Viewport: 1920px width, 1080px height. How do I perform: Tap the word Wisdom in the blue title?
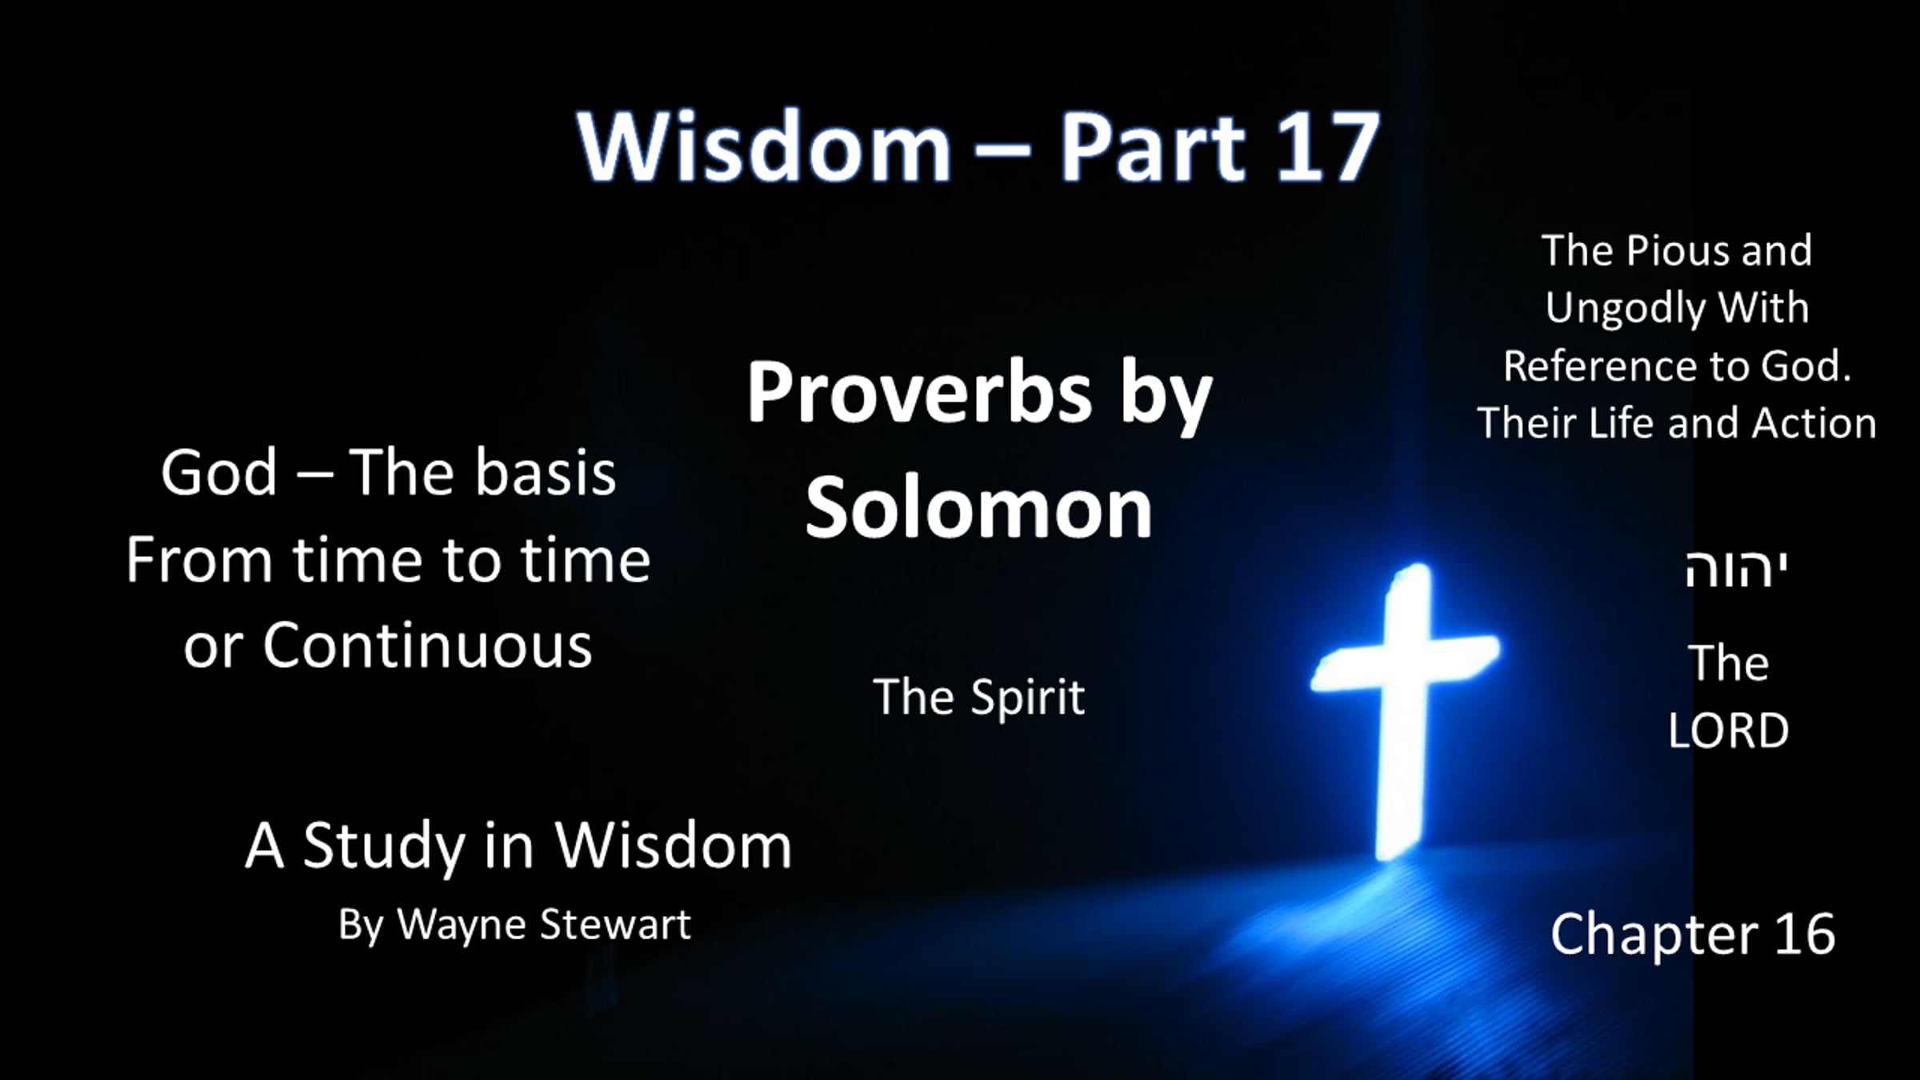pos(764,147)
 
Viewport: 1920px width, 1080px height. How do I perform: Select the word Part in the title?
pos(1153,147)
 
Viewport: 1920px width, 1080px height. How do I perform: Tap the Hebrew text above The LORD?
pos(1735,570)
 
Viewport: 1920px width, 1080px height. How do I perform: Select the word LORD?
pos(1728,730)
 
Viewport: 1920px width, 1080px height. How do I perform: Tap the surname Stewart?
pos(615,926)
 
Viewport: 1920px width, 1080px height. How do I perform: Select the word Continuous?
pos(427,646)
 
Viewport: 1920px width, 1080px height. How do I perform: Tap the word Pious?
pos(1677,251)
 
